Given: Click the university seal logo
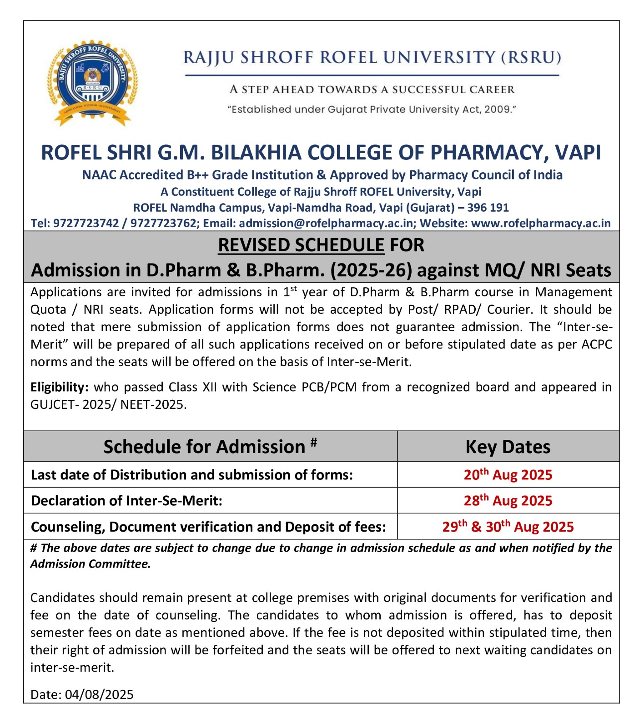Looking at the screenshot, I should (x=92, y=82).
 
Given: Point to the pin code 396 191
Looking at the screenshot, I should (x=488, y=208).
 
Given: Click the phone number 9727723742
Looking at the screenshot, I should (x=86, y=223).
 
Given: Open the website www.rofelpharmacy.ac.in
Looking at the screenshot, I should (x=540, y=223).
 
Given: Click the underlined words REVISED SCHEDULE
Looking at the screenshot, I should (x=301, y=245).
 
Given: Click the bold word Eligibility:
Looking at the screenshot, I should (x=59, y=387).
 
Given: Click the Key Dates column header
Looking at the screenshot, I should (x=508, y=447).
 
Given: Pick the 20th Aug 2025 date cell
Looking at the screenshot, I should (x=508, y=475).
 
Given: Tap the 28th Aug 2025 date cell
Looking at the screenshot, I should (x=508, y=501).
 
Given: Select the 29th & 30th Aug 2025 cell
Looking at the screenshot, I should (x=508, y=527).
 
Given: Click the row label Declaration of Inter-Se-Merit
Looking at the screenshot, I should (x=126, y=501).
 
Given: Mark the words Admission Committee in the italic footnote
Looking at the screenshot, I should (x=90, y=564).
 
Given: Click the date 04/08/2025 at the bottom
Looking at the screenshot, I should (x=99, y=694).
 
